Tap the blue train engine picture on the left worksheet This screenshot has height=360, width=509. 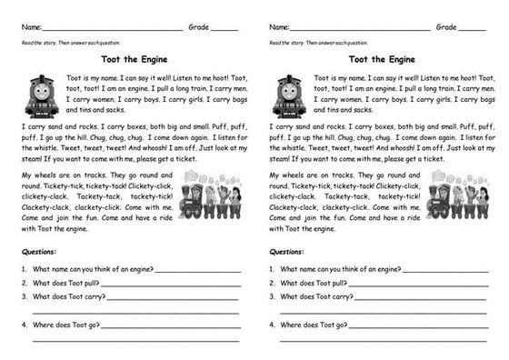point(42,95)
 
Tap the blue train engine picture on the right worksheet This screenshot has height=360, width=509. point(290,95)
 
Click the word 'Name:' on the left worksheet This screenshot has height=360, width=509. point(32,27)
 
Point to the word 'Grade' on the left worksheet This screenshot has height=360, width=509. point(198,27)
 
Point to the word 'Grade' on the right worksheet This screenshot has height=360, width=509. point(446,27)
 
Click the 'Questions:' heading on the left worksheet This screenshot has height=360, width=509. point(39,251)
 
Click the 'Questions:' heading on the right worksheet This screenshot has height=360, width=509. point(287,251)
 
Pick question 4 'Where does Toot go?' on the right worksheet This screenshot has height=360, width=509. point(313,324)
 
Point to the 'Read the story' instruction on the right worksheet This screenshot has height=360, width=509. point(319,43)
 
